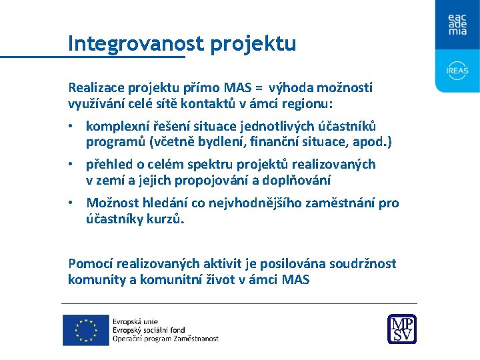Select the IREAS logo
click(457, 70)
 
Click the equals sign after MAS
click(256, 87)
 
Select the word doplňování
click(298, 180)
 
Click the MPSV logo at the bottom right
click(402, 329)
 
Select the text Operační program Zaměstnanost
click(165, 339)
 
